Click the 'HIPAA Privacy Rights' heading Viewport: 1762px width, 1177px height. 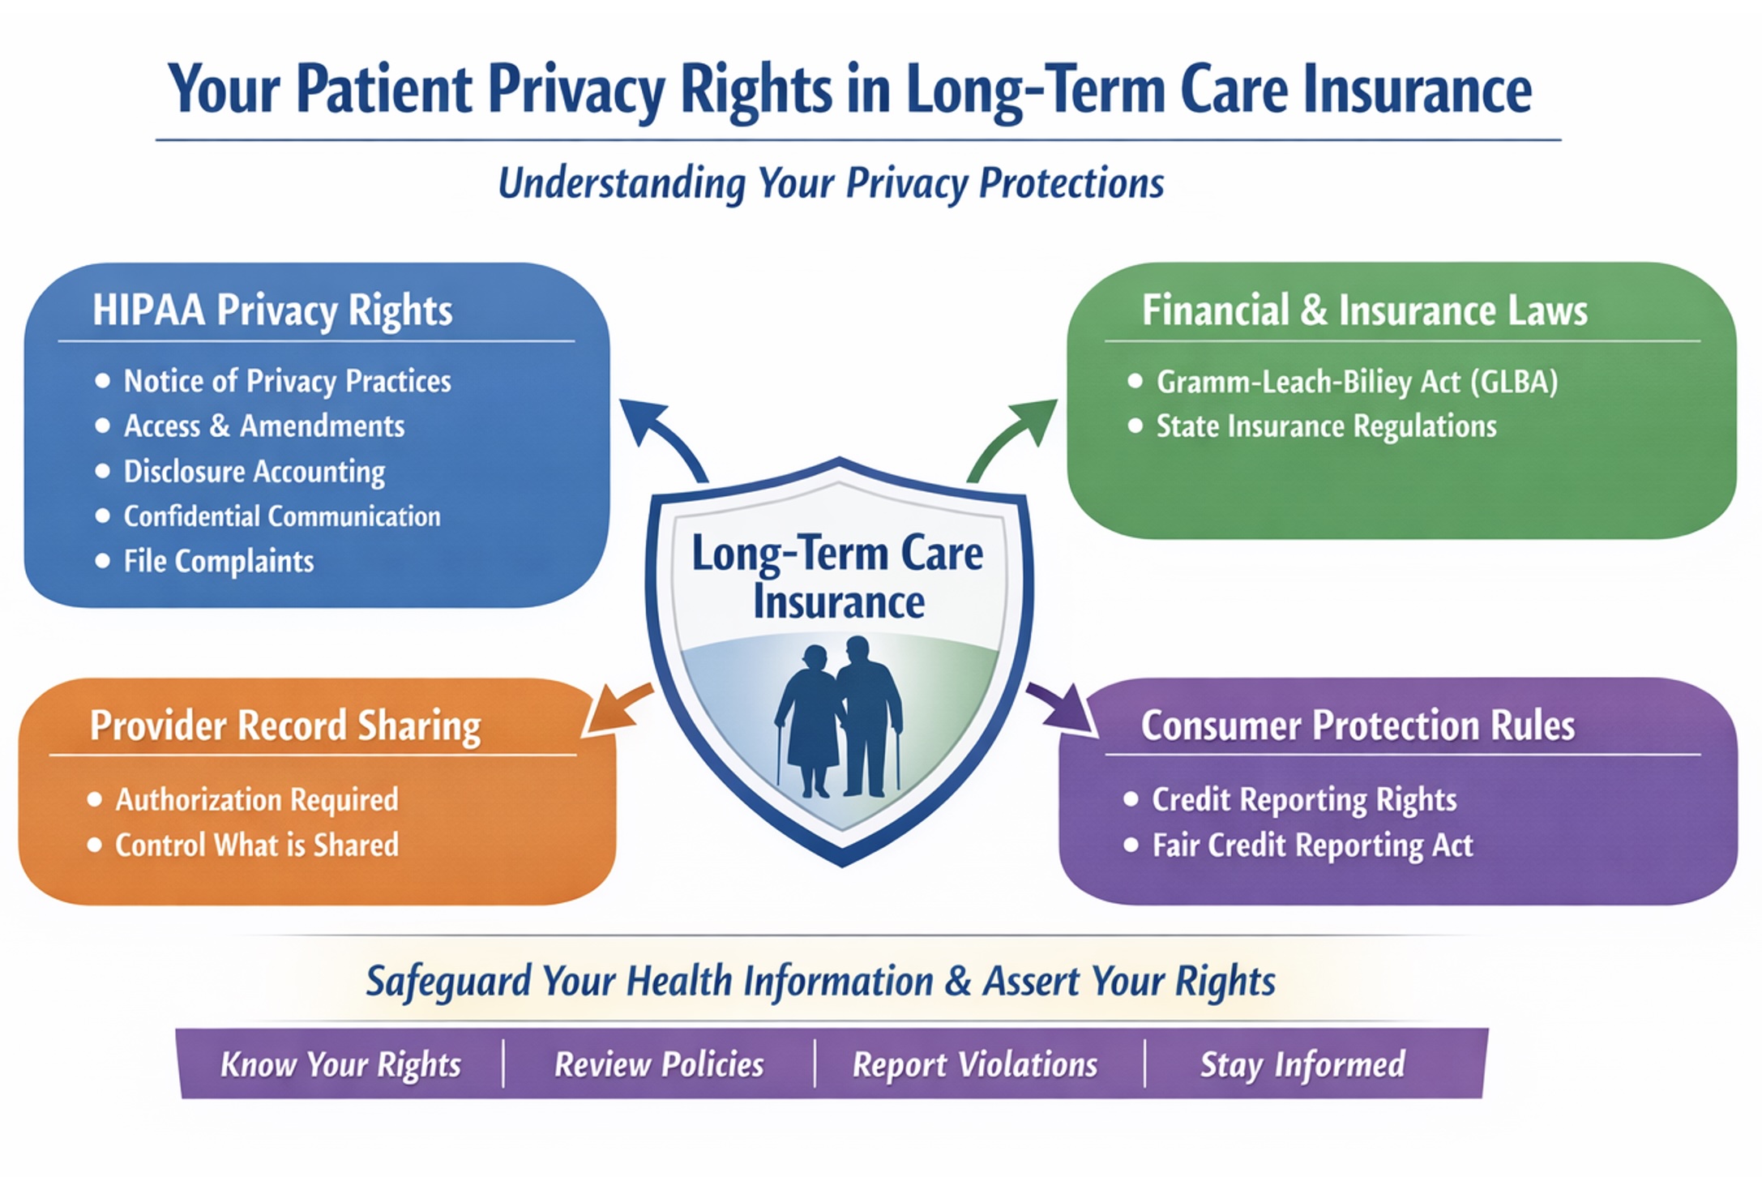(x=272, y=310)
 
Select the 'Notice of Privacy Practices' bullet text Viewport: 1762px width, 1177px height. (x=287, y=381)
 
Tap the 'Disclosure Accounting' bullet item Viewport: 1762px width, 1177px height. (x=254, y=472)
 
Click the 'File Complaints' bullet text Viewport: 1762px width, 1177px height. (x=218, y=561)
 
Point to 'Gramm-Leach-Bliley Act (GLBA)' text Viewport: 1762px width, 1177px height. (x=1357, y=382)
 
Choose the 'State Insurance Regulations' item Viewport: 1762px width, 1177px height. (x=1326, y=426)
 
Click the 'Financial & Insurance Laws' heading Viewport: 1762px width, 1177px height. (x=1365, y=310)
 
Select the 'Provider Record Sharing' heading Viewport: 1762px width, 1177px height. (x=285, y=725)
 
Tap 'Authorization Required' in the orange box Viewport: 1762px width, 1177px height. (x=257, y=800)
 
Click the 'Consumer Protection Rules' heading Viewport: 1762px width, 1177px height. (x=1358, y=725)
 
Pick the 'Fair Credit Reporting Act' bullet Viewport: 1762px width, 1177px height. (x=1312, y=845)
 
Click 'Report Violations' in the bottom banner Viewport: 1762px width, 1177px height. (x=975, y=1064)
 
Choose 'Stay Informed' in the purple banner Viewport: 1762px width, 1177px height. (x=1302, y=1064)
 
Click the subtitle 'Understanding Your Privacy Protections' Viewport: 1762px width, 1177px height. (x=831, y=183)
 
